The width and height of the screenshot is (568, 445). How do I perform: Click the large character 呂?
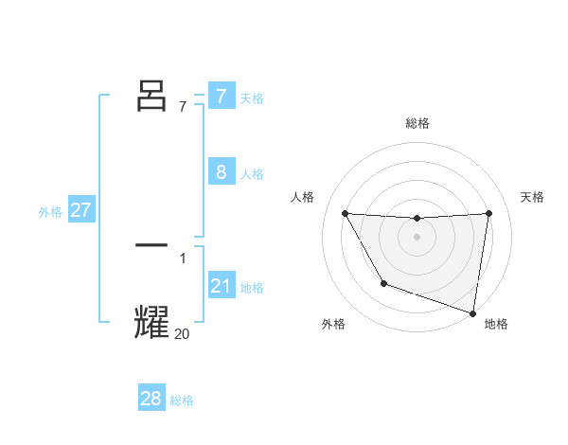pos(152,96)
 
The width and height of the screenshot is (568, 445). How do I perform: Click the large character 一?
pos(152,245)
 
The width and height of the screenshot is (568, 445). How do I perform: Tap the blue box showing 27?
pos(80,210)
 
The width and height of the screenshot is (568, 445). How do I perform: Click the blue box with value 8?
pos(221,171)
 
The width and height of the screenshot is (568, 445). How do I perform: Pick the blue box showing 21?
pos(221,285)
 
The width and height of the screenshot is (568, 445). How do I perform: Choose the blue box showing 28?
pos(151,399)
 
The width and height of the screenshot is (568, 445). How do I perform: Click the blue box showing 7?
pos(221,96)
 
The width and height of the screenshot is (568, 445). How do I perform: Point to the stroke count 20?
pos(182,333)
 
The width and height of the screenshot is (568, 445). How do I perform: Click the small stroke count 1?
pos(183,258)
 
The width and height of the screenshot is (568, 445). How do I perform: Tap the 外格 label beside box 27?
pos(50,212)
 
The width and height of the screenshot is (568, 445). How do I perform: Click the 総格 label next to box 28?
pos(182,400)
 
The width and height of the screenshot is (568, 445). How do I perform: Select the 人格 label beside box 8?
pos(252,174)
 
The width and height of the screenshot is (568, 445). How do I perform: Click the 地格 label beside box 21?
pos(252,288)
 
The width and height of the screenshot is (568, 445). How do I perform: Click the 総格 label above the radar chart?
pos(417,123)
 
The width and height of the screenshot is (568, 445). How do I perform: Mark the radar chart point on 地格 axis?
pos(472,311)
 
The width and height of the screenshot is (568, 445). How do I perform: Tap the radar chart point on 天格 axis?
pos(488,213)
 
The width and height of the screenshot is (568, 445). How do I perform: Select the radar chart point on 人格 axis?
pos(345,213)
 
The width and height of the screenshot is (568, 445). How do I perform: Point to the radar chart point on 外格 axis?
pos(383,283)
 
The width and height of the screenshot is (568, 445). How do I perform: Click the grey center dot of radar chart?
pos(417,237)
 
